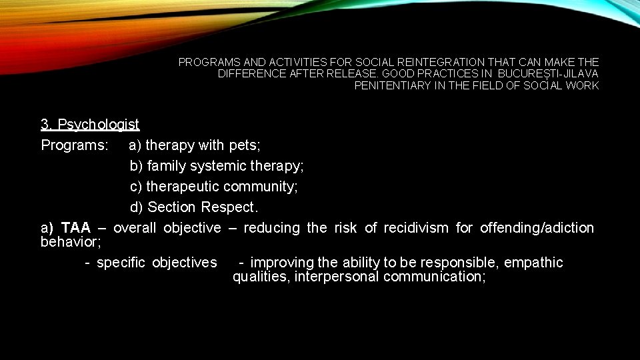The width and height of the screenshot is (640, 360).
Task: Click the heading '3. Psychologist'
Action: click(90, 125)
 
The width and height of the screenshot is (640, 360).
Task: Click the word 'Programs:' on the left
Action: click(70, 145)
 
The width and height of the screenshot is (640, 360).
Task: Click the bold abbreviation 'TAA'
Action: click(75, 228)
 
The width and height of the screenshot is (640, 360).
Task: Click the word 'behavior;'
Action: click(71, 242)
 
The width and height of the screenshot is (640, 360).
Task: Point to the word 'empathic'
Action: click(533, 263)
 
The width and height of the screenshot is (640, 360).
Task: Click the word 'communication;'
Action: click(434, 277)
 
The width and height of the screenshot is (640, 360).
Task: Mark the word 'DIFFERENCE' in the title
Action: click(252, 74)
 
